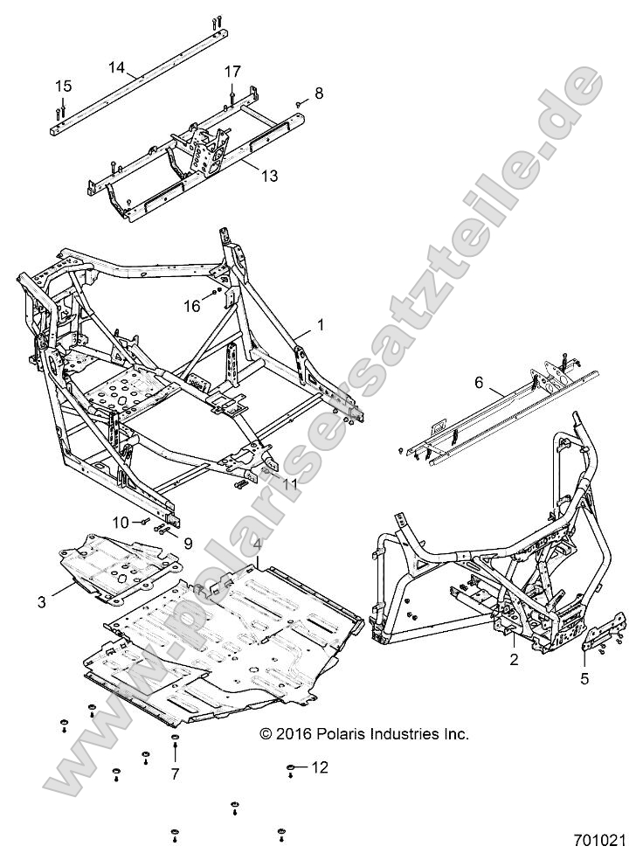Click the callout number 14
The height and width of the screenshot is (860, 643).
tap(117, 66)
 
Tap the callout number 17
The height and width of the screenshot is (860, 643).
tap(232, 71)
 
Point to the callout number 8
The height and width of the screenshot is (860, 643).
tap(319, 93)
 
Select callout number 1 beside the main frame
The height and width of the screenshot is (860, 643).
tap(321, 324)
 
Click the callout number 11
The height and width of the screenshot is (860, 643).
tap(288, 483)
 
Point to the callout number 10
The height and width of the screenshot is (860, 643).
tap(119, 522)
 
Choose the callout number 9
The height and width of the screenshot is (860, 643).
tap(187, 542)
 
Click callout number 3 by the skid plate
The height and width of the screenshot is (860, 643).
tap(41, 600)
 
